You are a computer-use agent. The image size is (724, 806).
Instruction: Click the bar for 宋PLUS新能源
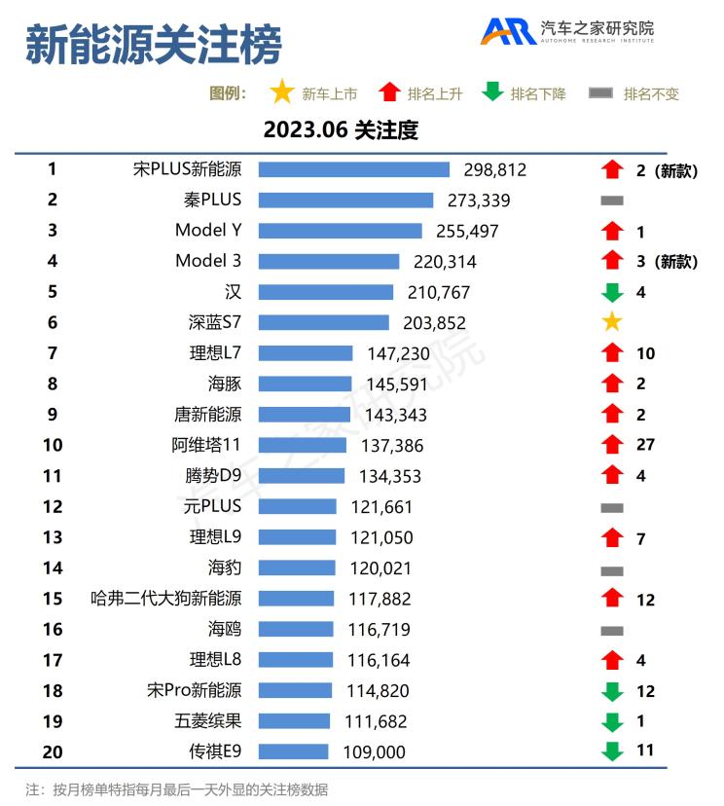pyautogui.click(x=353, y=169)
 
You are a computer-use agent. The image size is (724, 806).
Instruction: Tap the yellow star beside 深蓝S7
pyautogui.click(x=611, y=322)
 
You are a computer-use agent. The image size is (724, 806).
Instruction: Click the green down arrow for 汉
pyautogui.click(x=611, y=292)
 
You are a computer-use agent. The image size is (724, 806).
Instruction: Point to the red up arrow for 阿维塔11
pyautogui.click(x=611, y=445)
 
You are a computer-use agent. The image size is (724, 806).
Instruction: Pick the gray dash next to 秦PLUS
pyautogui.click(x=611, y=201)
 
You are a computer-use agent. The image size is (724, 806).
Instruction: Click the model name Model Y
pyautogui.click(x=208, y=231)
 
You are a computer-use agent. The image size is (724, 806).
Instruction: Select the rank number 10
pyautogui.click(x=53, y=445)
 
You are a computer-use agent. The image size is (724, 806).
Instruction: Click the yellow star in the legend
pyautogui.click(x=282, y=93)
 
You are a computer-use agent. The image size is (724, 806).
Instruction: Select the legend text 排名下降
pyautogui.click(x=538, y=94)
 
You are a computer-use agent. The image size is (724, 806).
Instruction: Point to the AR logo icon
pyautogui.click(x=508, y=31)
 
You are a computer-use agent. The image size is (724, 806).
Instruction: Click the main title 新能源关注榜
pyautogui.click(x=153, y=45)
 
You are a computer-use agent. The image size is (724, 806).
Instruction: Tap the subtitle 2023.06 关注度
pyautogui.click(x=340, y=129)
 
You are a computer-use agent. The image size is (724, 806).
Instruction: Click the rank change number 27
pyautogui.click(x=645, y=445)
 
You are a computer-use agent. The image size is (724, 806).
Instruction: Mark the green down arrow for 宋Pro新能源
pyautogui.click(x=611, y=691)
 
